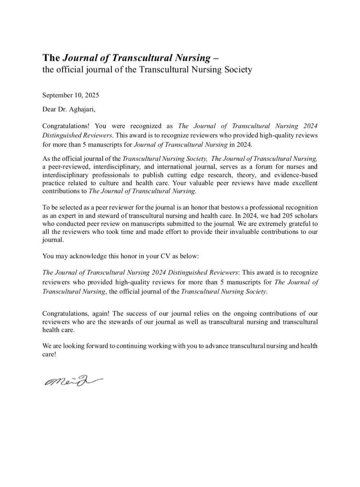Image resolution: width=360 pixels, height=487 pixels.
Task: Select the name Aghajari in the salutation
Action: point(81,110)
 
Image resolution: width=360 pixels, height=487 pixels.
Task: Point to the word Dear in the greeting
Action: point(49,110)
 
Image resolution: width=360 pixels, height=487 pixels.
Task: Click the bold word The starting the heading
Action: point(51,58)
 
